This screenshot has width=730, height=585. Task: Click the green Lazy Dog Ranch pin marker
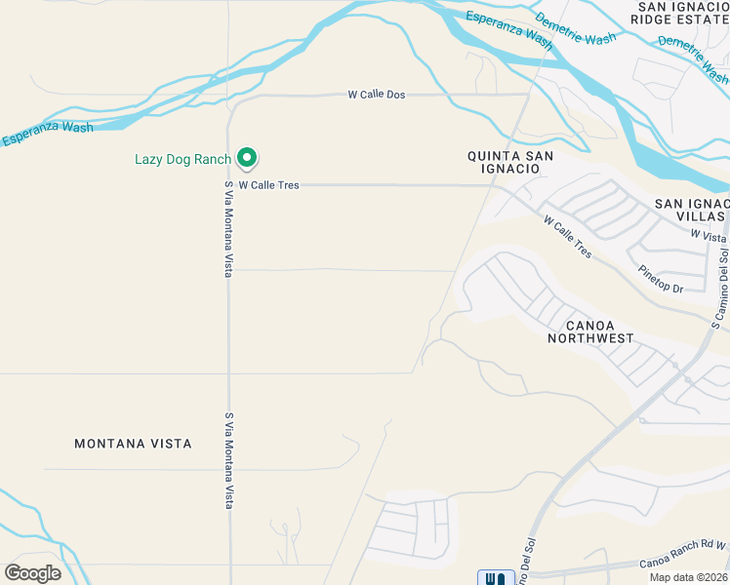(247, 157)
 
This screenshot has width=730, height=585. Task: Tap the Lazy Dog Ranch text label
(182, 159)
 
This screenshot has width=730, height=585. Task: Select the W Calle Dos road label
(376, 95)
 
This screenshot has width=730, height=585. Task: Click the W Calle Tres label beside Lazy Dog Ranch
(269, 184)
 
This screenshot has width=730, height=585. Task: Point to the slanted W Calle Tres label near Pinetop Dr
(568, 236)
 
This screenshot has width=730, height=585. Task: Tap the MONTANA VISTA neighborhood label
(133, 444)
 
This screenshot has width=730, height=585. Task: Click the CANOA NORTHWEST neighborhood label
(590, 331)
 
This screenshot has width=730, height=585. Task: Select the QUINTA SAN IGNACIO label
(510, 162)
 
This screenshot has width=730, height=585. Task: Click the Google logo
(32, 572)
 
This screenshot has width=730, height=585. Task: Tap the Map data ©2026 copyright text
(688, 577)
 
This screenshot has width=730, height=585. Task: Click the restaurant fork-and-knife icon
(495, 577)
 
